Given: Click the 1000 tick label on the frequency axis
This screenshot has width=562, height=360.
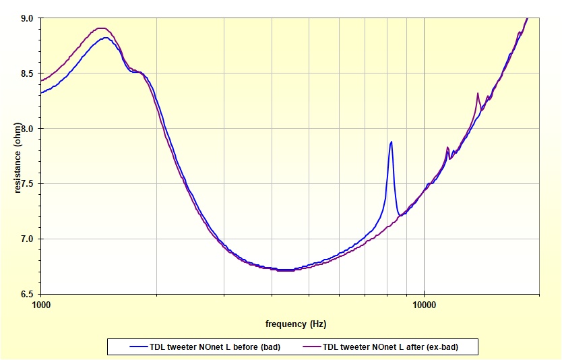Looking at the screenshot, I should pyautogui.click(x=41, y=304).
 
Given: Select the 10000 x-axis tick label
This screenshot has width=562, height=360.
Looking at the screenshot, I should pyautogui.click(x=424, y=304).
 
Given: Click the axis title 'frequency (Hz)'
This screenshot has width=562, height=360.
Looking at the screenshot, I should pyautogui.click(x=296, y=324).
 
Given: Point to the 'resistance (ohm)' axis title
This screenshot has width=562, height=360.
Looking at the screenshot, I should pyautogui.click(x=18, y=156).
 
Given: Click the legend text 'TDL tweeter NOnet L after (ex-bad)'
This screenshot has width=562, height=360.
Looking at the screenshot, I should pyautogui.click(x=399, y=347).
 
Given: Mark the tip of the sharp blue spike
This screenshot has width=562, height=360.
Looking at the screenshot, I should pyautogui.click(x=391, y=142).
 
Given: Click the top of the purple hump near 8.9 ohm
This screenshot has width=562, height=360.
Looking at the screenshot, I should pyautogui.click(x=101, y=28).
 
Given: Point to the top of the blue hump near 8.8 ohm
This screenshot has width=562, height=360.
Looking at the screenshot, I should pyautogui.click(x=105, y=38).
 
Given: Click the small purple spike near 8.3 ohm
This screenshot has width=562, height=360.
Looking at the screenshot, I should pyautogui.click(x=477, y=94).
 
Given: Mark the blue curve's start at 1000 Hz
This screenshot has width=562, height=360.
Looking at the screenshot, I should pyautogui.click(x=42, y=93).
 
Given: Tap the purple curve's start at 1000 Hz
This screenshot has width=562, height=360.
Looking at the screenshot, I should pyautogui.click(x=42, y=81).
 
